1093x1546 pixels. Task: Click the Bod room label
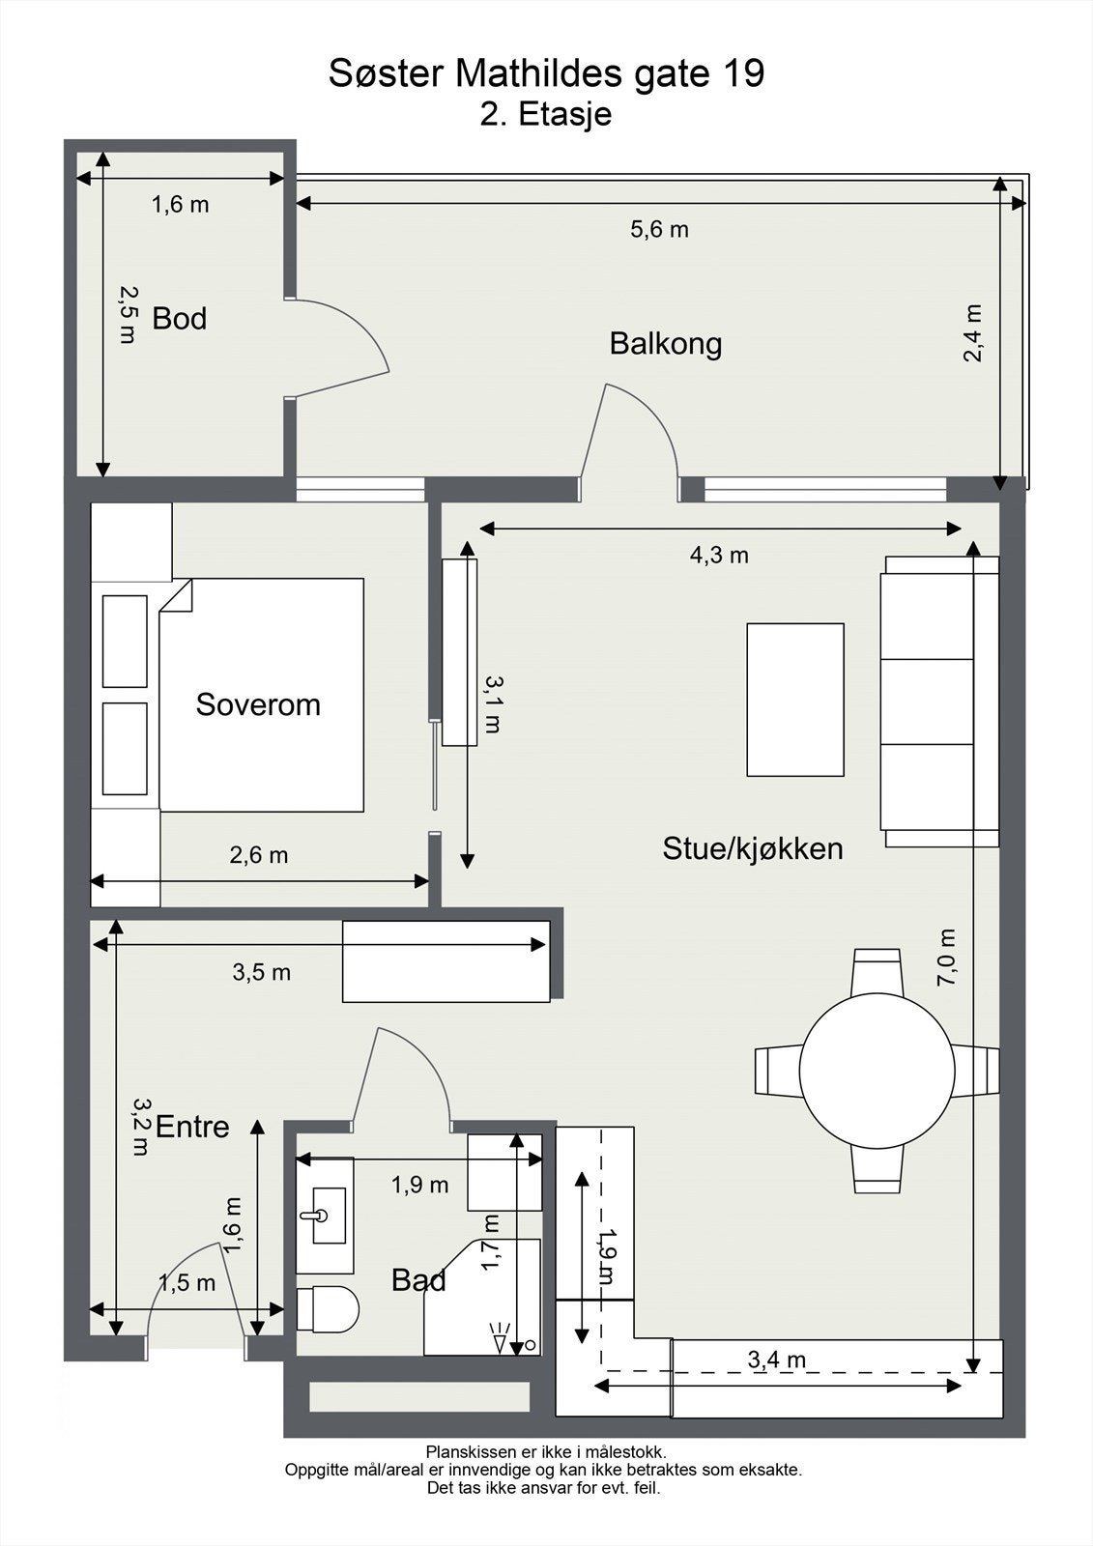click(180, 318)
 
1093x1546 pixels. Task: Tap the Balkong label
click(666, 344)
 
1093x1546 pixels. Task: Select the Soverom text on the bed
click(258, 704)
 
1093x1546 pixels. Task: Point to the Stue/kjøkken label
click(753, 848)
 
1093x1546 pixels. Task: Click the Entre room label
click(192, 1127)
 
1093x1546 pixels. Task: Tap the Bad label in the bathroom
click(418, 1280)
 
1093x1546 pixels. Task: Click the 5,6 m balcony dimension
click(659, 229)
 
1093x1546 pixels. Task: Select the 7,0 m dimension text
click(946, 958)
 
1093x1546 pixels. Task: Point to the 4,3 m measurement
click(719, 555)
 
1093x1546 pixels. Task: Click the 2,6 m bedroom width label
click(259, 855)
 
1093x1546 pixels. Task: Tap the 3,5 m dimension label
click(262, 972)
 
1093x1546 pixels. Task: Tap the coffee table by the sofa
click(795, 700)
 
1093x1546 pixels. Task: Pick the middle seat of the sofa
click(929, 701)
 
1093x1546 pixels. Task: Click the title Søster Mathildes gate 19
click(546, 73)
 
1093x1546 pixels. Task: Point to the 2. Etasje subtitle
click(546, 114)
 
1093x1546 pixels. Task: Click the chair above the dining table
click(877, 972)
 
